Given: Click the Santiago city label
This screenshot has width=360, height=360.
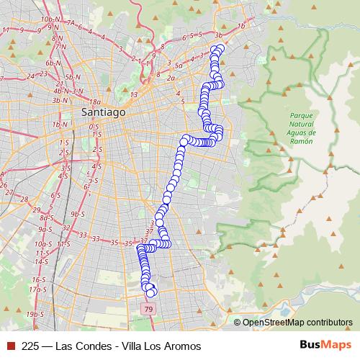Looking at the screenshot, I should coord(104,113).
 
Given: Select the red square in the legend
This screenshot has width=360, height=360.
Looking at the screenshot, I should coord(10,346).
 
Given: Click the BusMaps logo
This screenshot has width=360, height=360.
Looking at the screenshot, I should coord(325,346).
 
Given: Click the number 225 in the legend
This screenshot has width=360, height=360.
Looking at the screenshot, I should coord(31,346).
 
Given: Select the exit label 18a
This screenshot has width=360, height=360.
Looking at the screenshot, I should coord(96,102).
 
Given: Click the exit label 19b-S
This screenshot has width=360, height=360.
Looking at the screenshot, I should coord(34,315).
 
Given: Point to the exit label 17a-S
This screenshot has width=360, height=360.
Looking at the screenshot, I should coord(37,289).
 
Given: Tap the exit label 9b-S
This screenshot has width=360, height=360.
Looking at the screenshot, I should coord(78,214).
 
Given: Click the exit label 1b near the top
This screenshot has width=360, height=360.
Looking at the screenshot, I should coord(242,26).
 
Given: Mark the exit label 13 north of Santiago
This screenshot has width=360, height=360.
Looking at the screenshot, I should coord(133,94).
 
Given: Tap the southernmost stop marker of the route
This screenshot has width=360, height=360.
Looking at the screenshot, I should coord(150,292).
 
